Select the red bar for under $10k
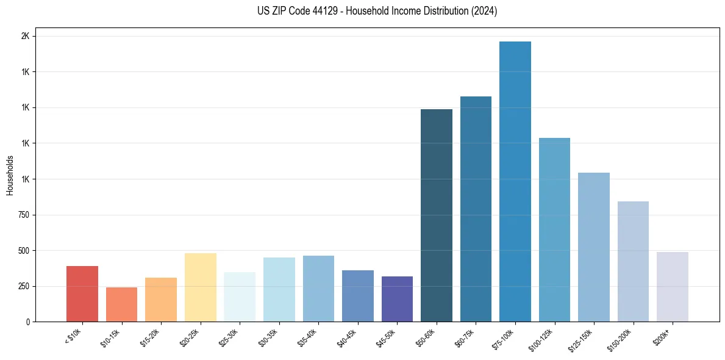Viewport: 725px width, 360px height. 82,293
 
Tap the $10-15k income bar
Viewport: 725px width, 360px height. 121,304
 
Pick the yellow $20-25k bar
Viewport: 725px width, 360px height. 201,287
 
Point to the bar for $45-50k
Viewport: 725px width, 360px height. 397,299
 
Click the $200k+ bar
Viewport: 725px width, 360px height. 673,287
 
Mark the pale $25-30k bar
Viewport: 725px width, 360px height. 240,297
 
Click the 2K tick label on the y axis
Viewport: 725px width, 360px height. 25,36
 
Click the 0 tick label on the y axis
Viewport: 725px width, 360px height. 28,322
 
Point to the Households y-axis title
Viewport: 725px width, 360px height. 10,175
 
